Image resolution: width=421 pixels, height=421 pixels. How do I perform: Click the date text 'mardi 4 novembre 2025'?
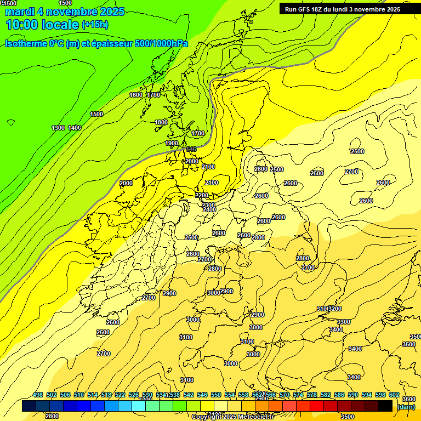pyautogui.click(x=65, y=12)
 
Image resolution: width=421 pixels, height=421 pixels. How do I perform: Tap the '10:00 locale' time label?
pyautogui.click(x=42, y=25)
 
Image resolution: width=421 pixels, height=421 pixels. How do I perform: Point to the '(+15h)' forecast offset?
pyautogui.click(x=95, y=25)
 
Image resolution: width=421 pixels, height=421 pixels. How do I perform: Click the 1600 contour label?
pyautogui.click(x=136, y=95)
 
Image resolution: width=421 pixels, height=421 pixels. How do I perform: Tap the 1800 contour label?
pyautogui.click(x=161, y=122)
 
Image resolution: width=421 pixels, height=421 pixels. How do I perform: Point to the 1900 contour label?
pyautogui.click(x=172, y=144)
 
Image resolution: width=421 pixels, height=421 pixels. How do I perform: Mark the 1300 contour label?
pyautogui.click(x=58, y=128)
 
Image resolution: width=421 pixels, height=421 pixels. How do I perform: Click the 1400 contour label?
pyautogui.click(x=75, y=128)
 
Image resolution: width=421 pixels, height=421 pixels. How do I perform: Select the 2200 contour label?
pyautogui.click(x=202, y=196)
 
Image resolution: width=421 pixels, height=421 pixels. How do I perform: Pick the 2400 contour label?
pyautogui.click(x=209, y=209)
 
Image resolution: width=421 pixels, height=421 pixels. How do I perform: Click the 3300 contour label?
pyautogui.click(x=344, y=322)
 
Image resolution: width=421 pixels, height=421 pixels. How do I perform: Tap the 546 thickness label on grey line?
pyautogui.click(x=191, y=149)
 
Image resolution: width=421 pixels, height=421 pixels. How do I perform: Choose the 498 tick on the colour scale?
pyautogui.click(x=38, y=395)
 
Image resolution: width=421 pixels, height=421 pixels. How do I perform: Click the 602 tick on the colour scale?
pyautogui.click(x=394, y=395)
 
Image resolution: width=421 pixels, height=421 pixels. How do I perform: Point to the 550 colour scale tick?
pyautogui.click(x=216, y=395)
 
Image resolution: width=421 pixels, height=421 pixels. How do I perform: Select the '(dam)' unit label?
pyautogui.click(x=406, y=407)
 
